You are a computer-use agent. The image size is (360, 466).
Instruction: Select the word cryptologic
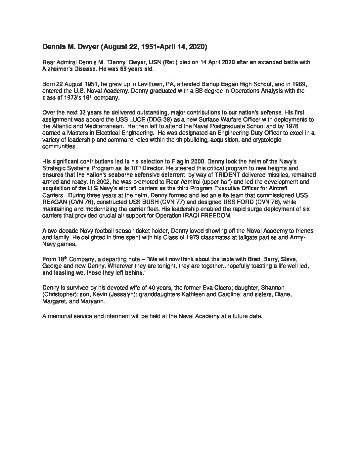click(x=264, y=140)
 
